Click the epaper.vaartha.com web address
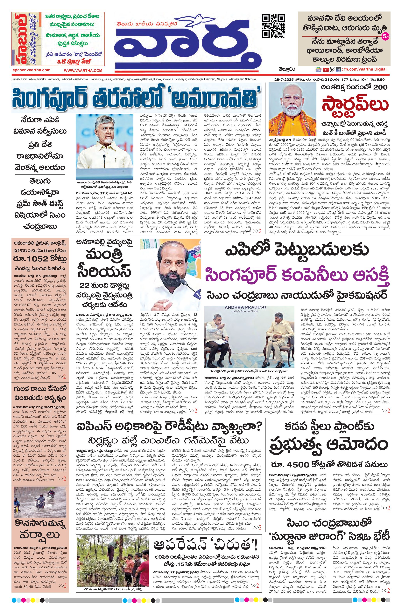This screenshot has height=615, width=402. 31,70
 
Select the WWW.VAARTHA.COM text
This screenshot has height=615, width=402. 83,71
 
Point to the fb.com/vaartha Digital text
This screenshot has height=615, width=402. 365,69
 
